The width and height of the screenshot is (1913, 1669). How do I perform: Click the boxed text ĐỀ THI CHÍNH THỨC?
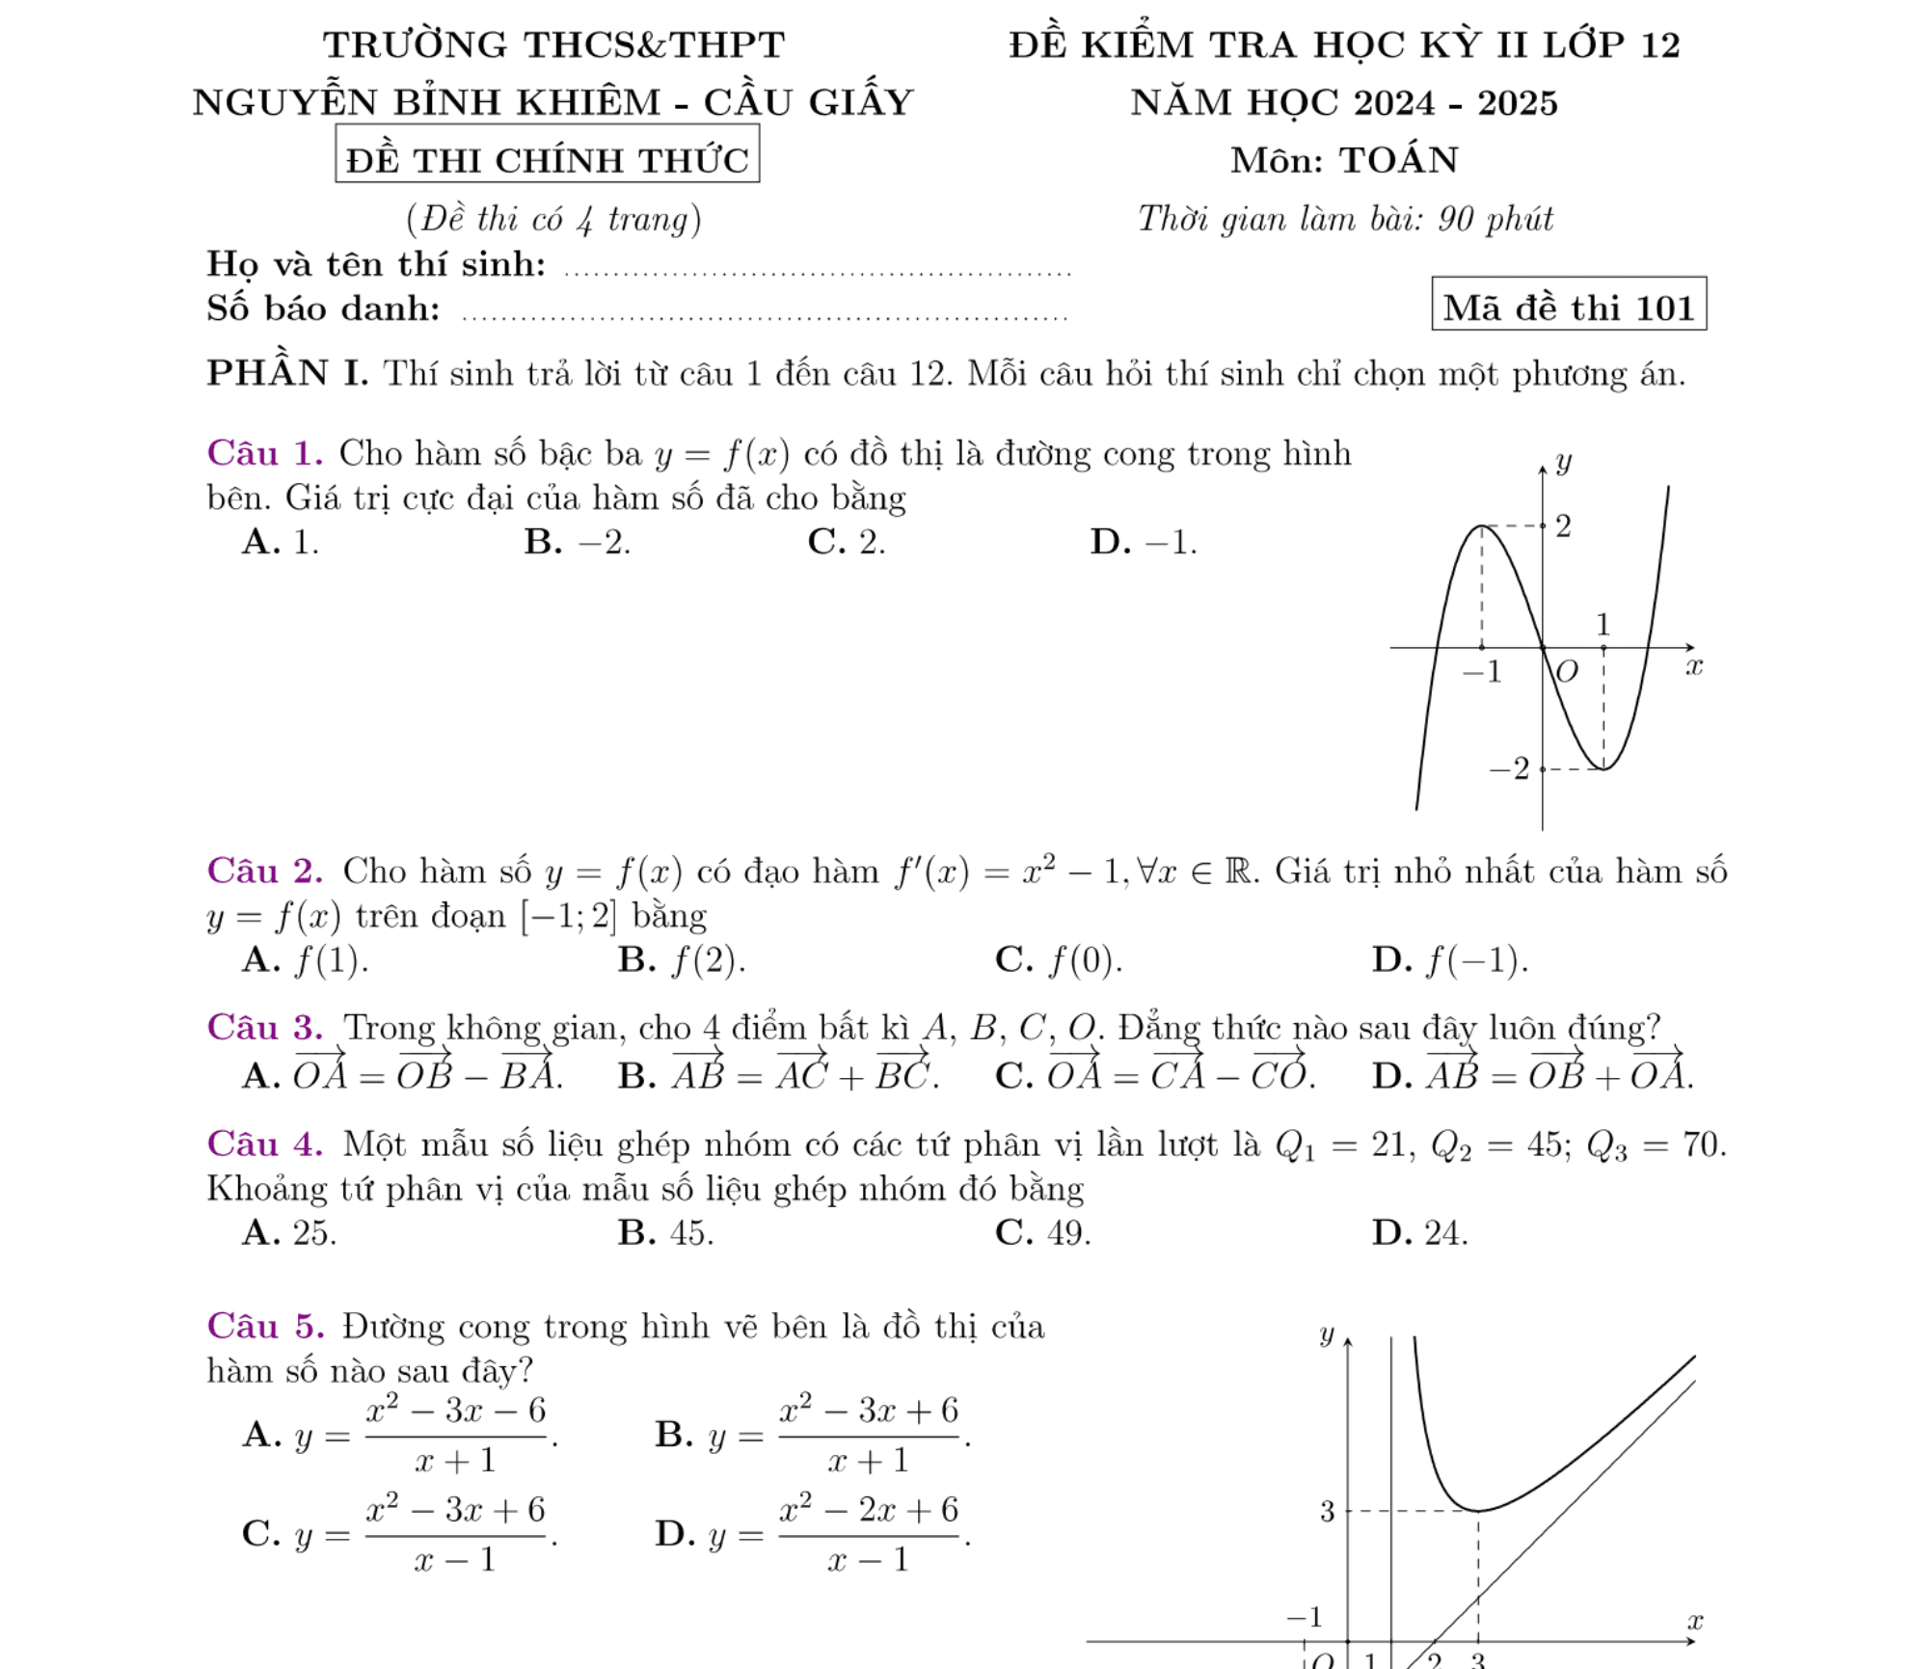547,159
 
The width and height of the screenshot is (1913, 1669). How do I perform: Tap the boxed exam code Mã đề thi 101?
1568,308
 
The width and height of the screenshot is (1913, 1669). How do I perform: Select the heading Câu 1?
264,453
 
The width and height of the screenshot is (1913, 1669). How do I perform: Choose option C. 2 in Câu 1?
846,543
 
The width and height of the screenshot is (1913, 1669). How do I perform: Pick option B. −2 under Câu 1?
577,543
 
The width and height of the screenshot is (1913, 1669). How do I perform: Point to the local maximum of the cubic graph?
1482,526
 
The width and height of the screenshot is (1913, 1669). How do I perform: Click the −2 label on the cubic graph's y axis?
1510,769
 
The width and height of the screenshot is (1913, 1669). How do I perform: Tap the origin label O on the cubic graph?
1567,671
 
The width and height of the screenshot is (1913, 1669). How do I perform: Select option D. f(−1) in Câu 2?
1449,960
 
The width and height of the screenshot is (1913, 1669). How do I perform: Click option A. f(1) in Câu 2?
305,960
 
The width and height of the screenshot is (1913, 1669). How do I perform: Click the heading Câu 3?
264,1028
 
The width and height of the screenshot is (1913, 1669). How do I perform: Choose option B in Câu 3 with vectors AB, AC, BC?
778,1073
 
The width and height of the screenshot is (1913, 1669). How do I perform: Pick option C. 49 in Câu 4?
1042,1233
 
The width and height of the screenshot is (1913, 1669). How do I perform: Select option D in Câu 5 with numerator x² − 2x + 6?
812,1534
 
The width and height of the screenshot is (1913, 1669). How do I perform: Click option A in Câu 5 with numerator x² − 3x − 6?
399,1436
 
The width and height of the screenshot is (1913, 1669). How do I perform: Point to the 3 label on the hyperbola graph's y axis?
1327,1512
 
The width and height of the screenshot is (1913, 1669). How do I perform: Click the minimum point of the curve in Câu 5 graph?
1477,1511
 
